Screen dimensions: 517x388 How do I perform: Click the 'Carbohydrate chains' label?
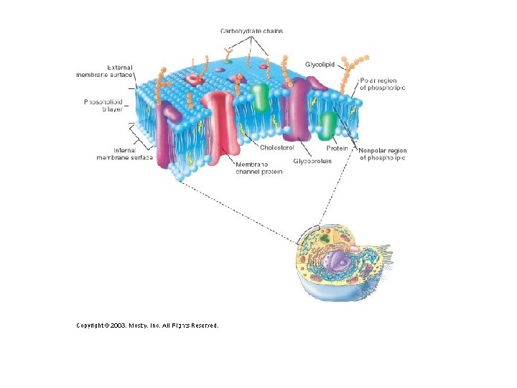[251, 31]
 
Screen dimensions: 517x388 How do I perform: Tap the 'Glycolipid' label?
[320, 64]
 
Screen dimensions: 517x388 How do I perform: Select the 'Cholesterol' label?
[276, 147]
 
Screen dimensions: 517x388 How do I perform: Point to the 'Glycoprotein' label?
[312, 162]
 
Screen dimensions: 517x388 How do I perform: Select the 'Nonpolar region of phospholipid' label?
[382, 154]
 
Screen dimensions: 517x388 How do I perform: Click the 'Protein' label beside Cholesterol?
[337, 148]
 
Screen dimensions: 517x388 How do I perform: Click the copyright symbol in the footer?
[106, 325]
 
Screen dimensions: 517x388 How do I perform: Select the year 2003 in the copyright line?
[118, 325]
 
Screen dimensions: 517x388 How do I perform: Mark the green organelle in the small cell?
[325, 237]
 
